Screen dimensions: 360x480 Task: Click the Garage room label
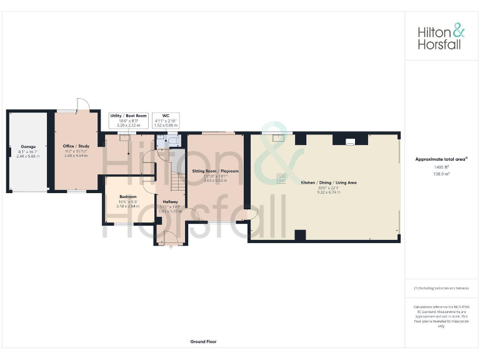point(27,146)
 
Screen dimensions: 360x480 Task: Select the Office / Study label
point(76,146)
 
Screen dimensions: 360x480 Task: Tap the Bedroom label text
point(127,197)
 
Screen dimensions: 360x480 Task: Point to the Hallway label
point(170,202)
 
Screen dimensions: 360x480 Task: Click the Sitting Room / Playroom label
point(215,171)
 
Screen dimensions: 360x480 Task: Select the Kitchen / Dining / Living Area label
point(329,182)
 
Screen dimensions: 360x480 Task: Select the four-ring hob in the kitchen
point(282,177)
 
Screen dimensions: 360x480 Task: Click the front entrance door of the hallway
point(170,239)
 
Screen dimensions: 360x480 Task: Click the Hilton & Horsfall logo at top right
point(441,36)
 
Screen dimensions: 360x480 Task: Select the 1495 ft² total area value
point(441,167)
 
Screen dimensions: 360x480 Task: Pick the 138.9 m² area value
point(441,174)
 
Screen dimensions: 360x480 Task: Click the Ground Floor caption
point(203,342)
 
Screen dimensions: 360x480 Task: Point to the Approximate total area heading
point(441,159)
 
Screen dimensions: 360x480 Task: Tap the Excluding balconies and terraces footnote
point(441,287)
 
